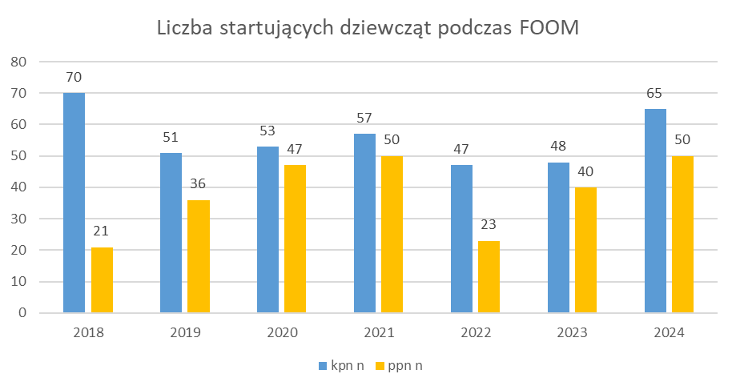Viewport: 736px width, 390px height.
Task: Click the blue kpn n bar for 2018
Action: (74, 203)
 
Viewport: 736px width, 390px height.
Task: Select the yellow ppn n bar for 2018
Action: (102, 280)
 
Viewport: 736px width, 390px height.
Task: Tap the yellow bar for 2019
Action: (199, 256)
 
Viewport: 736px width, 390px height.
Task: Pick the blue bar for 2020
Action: (267, 230)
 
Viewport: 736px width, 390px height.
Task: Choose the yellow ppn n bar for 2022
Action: (489, 277)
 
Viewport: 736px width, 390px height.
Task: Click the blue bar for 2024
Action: (655, 211)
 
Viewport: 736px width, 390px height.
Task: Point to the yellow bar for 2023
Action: (585, 250)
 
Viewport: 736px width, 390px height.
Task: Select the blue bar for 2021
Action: (364, 223)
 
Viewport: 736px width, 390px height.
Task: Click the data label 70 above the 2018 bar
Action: (74, 78)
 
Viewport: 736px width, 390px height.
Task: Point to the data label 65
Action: (655, 94)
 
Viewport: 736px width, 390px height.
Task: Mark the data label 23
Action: (489, 226)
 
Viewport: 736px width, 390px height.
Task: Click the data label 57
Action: (364, 119)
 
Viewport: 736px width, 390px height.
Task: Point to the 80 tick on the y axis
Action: (19, 62)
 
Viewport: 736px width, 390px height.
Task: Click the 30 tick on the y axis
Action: (19, 219)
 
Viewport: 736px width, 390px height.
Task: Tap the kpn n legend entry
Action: (341, 366)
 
